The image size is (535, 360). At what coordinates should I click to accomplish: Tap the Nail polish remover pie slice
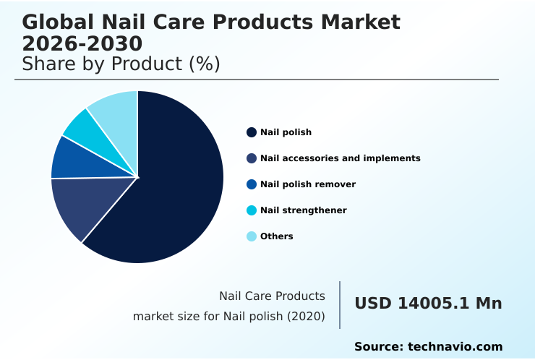[72, 159]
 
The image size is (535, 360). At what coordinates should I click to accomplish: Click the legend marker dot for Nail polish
[252, 132]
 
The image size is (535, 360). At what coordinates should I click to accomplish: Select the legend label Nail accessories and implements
[340, 158]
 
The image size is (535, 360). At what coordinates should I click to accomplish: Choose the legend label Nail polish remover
[307, 184]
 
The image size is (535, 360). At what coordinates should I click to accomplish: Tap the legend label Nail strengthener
[303, 210]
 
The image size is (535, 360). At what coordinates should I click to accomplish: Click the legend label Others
[276, 236]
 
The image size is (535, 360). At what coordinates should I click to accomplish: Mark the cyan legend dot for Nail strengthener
[252, 210]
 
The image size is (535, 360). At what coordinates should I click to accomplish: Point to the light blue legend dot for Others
[252, 236]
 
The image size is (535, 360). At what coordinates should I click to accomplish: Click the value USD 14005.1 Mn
[428, 304]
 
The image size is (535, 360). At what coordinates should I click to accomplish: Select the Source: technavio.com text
[428, 347]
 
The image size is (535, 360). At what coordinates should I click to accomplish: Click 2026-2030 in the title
[82, 43]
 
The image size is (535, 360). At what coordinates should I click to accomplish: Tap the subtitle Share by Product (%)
[121, 64]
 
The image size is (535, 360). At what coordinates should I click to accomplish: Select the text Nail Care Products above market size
[272, 296]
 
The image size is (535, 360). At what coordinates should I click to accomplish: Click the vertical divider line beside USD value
[340, 305]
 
